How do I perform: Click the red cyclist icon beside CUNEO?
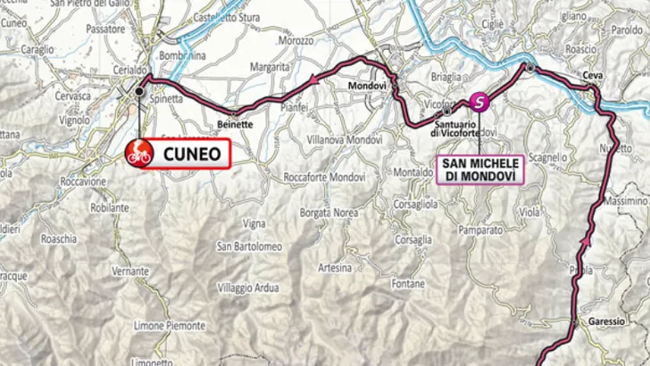(x=139, y=152)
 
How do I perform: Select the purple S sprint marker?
(x=480, y=102)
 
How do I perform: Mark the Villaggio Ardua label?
(x=247, y=286)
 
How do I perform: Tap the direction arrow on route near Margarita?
(x=314, y=80)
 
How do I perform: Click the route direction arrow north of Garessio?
(x=587, y=240)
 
